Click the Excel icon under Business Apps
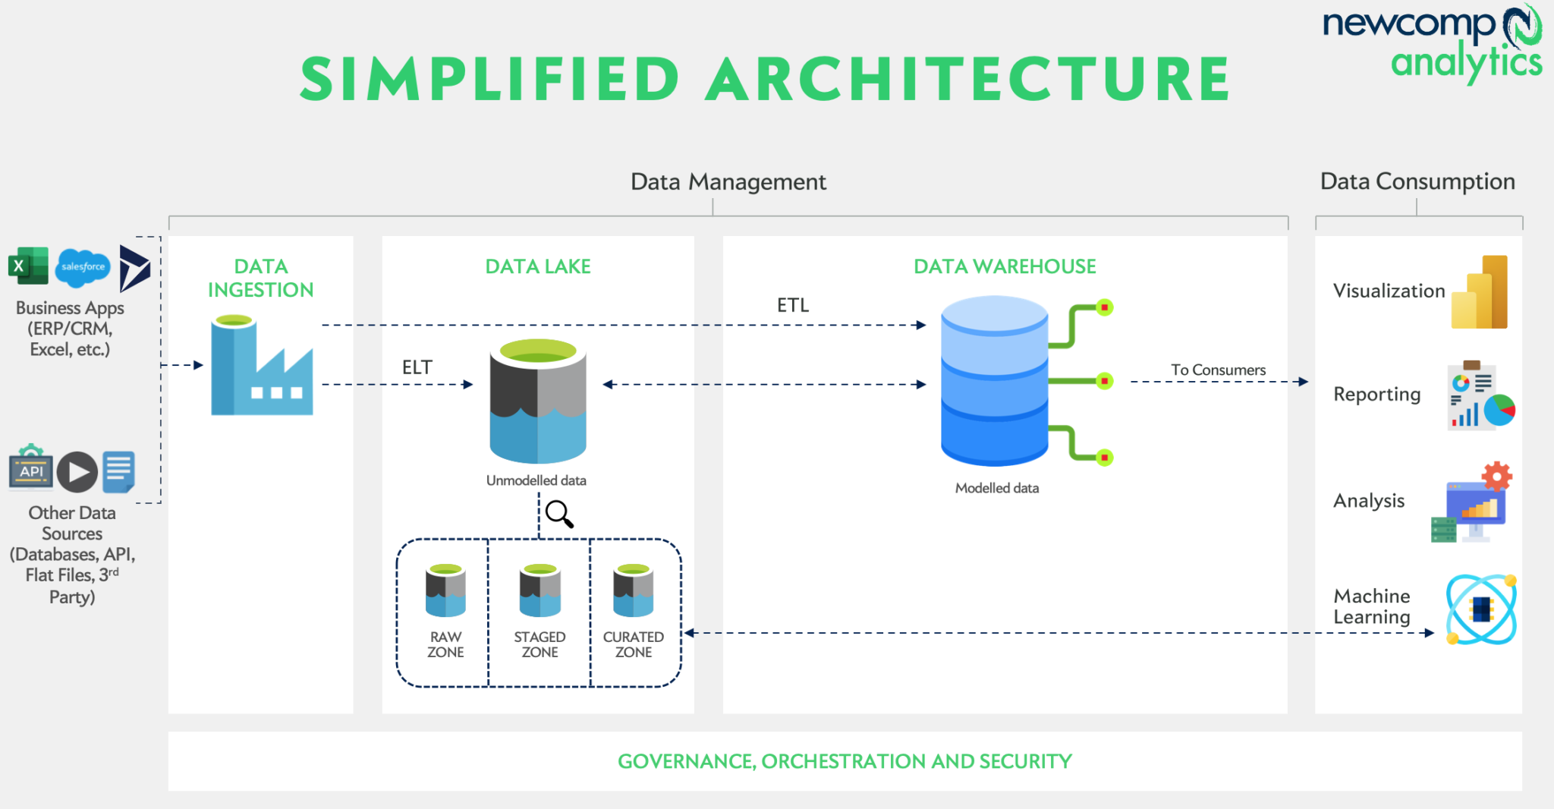click(x=28, y=266)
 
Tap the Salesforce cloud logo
click(x=83, y=267)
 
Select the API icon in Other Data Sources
click(x=31, y=468)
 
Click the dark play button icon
click(x=77, y=471)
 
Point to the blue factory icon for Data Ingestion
click(x=260, y=368)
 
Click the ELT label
click(x=417, y=367)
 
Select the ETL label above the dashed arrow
click(x=792, y=305)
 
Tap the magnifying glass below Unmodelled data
click(x=559, y=514)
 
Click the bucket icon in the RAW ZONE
click(x=445, y=590)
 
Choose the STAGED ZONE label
click(x=539, y=644)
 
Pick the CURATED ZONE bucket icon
click(x=633, y=590)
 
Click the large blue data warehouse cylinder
click(x=994, y=380)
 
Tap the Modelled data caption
click(x=996, y=488)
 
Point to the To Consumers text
click(x=1218, y=370)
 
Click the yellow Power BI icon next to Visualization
click(x=1480, y=293)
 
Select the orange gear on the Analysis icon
click(x=1496, y=477)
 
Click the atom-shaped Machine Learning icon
click(x=1480, y=609)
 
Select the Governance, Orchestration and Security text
click(x=845, y=761)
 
